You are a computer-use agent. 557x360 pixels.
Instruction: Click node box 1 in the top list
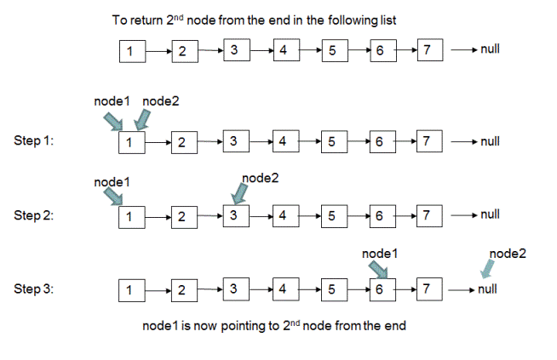tap(133, 51)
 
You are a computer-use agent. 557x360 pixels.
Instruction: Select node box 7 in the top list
tap(430, 50)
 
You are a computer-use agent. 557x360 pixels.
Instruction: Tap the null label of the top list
tap(491, 49)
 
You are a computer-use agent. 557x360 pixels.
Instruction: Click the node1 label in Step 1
tap(112, 101)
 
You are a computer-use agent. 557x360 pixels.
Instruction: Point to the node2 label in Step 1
tap(161, 101)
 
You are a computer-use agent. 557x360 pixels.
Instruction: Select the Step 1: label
tap(34, 140)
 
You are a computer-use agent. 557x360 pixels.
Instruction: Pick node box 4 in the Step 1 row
tap(286, 141)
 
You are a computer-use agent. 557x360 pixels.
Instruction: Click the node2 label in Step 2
tap(261, 178)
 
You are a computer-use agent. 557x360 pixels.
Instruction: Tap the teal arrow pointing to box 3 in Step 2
tap(239, 194)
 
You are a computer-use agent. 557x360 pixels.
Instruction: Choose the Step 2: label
tap(34, 215)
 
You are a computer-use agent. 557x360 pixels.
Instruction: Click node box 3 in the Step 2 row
tap(236, 216)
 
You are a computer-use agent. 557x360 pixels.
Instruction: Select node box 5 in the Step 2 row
tap(334, 216)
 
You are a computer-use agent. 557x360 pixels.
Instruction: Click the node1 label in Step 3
tap(380, 254)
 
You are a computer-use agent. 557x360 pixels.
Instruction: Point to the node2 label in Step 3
tap(508, 254)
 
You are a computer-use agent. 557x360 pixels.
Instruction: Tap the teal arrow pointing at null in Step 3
tap(487, 268)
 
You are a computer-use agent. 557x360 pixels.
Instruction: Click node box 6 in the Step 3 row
tap(382, 289)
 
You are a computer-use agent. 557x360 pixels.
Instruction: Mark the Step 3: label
tap(34, 289)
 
